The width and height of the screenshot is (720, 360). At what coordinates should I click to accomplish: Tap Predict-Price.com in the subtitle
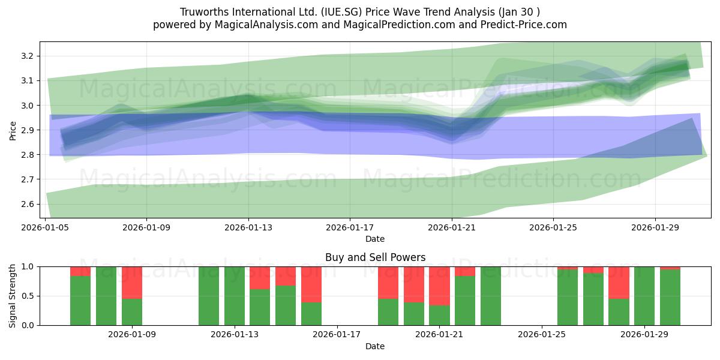[x=524, y=25]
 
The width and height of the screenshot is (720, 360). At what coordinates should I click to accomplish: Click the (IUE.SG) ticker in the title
[x=341, y=12]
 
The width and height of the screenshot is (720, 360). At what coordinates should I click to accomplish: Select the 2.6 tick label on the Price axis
[x=28, y=204]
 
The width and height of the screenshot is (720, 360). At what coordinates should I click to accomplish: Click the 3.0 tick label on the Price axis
[x=28, y=106]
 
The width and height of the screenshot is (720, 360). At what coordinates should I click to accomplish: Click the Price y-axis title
[x=13, y=131]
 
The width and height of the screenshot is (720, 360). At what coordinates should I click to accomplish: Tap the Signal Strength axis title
[x=12, y=296]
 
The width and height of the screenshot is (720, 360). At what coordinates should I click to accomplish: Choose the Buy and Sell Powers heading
[x=375, y=257]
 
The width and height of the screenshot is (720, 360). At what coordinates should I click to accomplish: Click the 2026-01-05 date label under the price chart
[x=45, y=227]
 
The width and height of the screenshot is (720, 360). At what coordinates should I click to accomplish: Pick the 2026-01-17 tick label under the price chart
[x=350, y=227]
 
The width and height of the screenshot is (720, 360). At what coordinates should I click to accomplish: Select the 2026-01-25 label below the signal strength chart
[x=542, y=335]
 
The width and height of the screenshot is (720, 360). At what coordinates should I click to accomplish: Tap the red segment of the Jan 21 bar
[x=439, y=286]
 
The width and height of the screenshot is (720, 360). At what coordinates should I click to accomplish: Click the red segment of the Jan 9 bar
[x=132, y=283]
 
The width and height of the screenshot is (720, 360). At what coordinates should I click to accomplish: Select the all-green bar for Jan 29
[x=644, y=296]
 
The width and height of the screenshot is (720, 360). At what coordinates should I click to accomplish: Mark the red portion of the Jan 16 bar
[x=311, y=284]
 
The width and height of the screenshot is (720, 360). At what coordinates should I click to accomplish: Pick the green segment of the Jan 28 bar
[x=619, y=312]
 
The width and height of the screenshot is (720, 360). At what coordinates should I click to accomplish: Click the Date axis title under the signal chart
[x=375, y=346]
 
